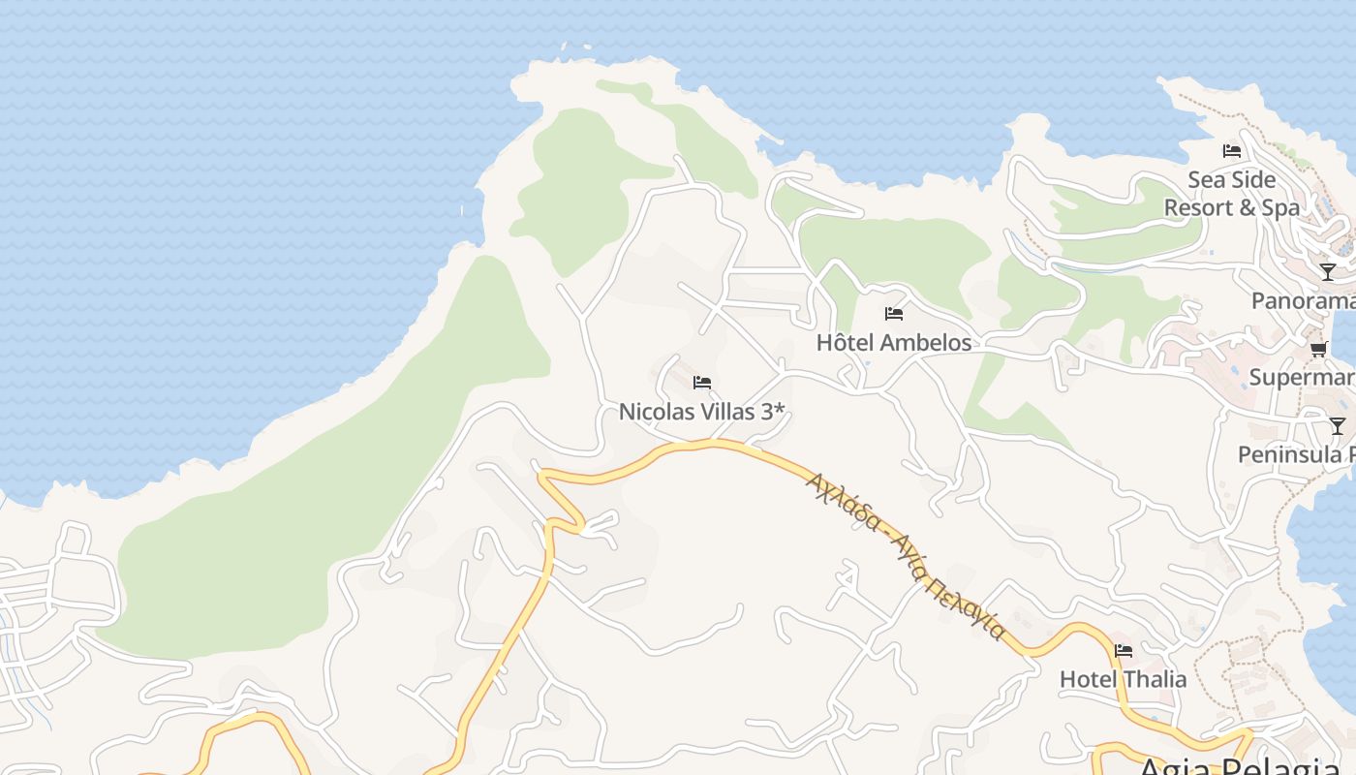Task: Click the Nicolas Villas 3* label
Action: pyautogui.click(x=701, y=412)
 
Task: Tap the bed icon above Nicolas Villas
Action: pyautogui.click(x=702, y=383)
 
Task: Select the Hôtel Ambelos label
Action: pyautogui.click(x=893, y=343)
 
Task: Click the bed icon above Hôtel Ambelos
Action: pyautogui.click(x=894, y=314)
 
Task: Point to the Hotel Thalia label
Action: pyautogui.click(x=1123, y=679)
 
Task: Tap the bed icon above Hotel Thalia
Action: pyautogui.click(x=1124, y=650)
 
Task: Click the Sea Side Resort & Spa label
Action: pyautogui.click(x=1231, y=194)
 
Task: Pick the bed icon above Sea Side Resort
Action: pyautogui.click(x=1232, y=150)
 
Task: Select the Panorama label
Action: pyautogui.click(x=1304, y=301)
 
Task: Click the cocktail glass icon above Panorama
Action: pyautogui.click(x=1328, y=272)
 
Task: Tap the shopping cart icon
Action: pyautogui.click(x=1318, y=349)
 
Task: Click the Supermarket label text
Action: pyautogui.click(x=1302, y=377)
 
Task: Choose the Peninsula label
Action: pyautogui.click(x=1296, y=454)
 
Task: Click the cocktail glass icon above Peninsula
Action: pyautogui.click(x=1338, y=425)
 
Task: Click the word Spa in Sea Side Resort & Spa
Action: pyautogui.click(x=1279, y=208)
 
